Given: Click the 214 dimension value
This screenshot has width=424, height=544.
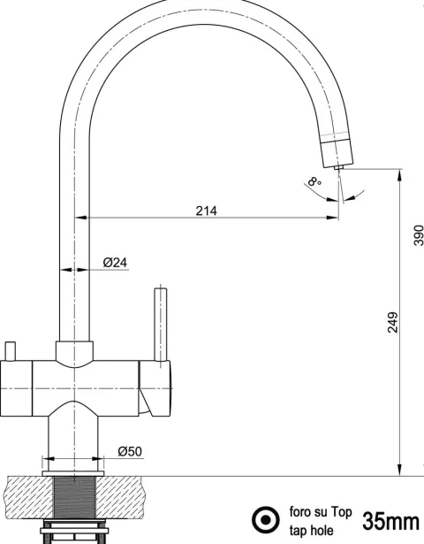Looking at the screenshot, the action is (x=206, y=211).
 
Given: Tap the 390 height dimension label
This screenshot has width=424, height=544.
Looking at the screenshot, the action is (x=419, y=235).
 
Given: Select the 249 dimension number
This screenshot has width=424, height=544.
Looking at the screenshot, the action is (x=392, y=323).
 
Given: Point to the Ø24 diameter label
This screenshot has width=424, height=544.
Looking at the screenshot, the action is (x=115, y=263).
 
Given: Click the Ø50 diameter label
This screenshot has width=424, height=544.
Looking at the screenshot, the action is (x=130, y=451).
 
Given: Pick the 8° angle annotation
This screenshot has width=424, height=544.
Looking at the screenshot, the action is (x=314, y=181).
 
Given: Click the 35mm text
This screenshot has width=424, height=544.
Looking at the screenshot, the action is (x=390, y=521).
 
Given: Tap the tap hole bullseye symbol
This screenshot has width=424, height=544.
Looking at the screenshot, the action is (x=266, y=520).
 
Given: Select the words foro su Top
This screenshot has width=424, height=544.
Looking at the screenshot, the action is (x=321, y=512).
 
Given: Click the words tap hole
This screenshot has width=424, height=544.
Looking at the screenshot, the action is (x=312, y=531).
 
